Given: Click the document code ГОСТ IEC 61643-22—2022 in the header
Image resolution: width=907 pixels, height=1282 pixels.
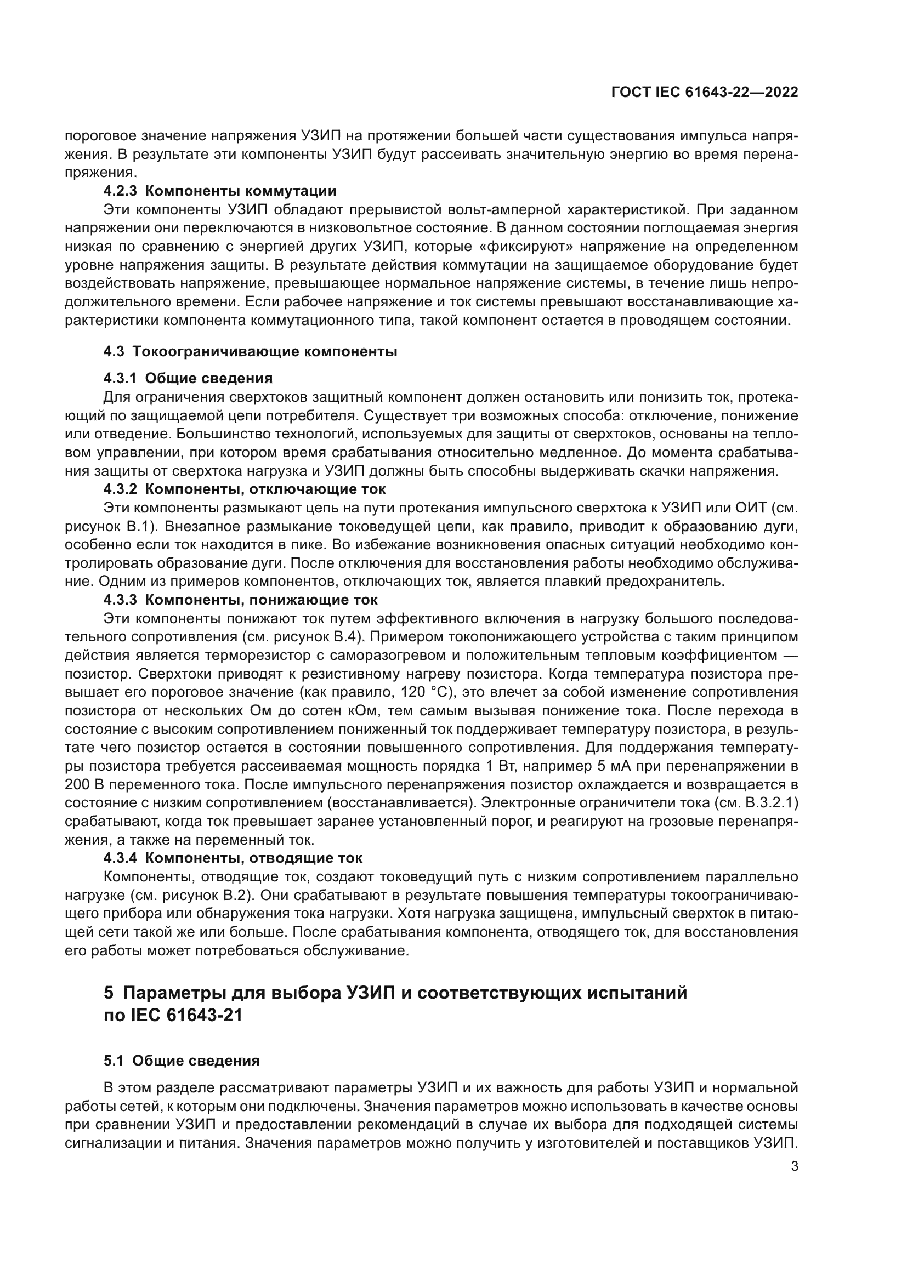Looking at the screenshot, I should (704, 93).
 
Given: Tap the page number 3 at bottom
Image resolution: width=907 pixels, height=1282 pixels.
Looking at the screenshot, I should (795, 1166).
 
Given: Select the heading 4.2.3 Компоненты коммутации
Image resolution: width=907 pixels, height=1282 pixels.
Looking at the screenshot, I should (220, 191).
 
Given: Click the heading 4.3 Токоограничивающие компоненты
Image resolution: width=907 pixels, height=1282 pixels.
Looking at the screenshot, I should (250, 352).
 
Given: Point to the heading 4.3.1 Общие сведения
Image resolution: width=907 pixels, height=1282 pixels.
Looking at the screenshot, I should (188, 379).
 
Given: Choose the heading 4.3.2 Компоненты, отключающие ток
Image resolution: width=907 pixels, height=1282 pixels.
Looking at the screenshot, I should (245, 489).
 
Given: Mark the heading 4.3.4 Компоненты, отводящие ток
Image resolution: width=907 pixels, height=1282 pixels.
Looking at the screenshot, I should (233, 858).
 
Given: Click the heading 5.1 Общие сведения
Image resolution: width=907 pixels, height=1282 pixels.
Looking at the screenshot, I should (182, 1061).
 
